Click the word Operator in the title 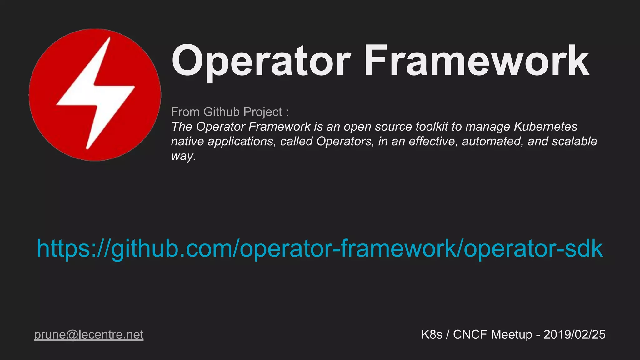pyautogui.click(x=261, y=61)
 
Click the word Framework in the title pyautogui.click(x=476, y=61)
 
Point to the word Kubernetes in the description pyautogui.click(x=546, y=127)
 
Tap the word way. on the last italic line pyautogui.click(x=183, y=156)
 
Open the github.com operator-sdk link pyautogui.click(x=320, y=248)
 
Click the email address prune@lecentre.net pyautogui.click(x=89, y=335)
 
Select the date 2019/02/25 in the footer pyautogui.click(x=574, y=335)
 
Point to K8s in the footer pyautogui.click(x=432, y=335)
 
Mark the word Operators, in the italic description pyautogui.click(x=345, y=141)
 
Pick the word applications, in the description pyautogui.click(x=242, y=141)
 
